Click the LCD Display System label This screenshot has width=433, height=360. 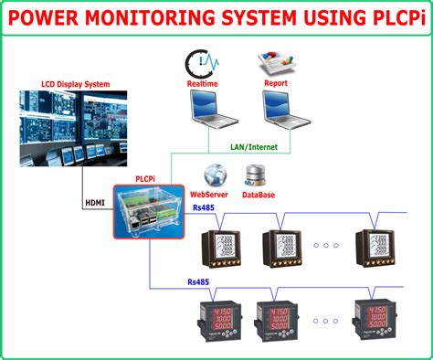[x=74, y=84]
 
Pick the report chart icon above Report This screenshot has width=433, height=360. [x=274, y=65]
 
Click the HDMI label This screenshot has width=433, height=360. [x=94, y=202]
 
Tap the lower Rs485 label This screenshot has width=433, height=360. [x=197, y=282]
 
